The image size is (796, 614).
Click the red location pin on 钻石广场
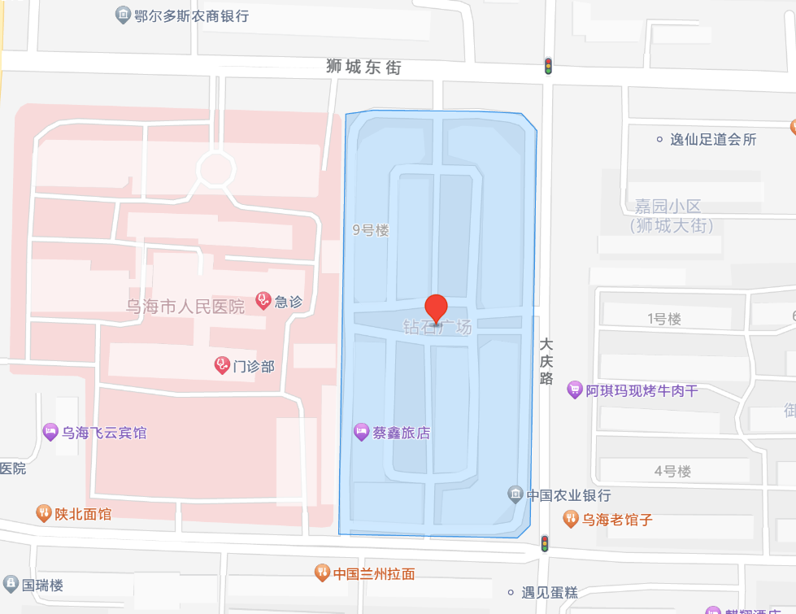pos(437,308)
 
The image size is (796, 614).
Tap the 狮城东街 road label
pos(364,67)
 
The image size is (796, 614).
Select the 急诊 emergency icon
pos(263,301)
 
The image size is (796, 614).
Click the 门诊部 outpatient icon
pos(222,365)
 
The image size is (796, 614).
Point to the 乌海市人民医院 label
pos(185,307)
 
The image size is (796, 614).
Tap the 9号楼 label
pos(371,230)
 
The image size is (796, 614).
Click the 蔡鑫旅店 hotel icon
pos(362,433)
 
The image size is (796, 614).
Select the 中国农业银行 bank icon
pos(515,494)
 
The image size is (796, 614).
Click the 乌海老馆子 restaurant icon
pos(571,518)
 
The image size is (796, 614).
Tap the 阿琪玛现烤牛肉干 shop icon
pos(575,390)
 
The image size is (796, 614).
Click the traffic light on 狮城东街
pos(549,66)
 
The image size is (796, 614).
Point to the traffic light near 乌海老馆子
pos(546,542)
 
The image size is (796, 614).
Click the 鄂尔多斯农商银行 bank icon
pos(123,15)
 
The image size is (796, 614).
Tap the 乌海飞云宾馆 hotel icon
pos(50,433)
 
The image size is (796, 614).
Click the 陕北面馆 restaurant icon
pos(43,513)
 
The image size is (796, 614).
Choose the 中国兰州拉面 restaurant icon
pos(322,573)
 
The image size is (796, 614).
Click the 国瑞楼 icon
pos(11,584)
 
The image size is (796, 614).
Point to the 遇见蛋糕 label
pos(549,593)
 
